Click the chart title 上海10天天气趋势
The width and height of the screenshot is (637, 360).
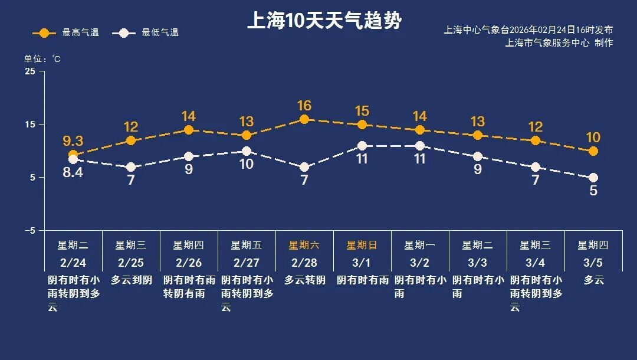tap(324, 21)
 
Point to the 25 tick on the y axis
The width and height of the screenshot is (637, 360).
tap(29, 71)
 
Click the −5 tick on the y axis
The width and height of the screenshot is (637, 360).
tap(29, 231)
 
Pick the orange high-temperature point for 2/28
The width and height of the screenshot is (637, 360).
tap(304, 119)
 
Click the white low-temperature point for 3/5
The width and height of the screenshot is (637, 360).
tap(593, 178)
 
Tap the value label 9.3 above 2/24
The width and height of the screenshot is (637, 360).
tap(73, 141)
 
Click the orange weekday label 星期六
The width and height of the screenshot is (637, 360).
tap(304, 245)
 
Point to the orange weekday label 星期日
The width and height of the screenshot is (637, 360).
tap(362, 245)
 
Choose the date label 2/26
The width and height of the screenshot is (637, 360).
tap(188, 263)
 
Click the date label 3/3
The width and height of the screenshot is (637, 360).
tap(477, 263)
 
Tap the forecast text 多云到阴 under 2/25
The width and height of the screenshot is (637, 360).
tap(131, 280)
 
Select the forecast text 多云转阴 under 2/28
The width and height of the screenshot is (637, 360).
tap(304, 280)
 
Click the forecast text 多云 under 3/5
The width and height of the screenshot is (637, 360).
tap(594, 280)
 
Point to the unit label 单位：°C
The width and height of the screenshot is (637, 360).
tap(42, 58)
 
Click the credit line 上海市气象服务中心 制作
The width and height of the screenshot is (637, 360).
tap(559, 42)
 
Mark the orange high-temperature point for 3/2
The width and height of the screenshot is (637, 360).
tap(420, 130)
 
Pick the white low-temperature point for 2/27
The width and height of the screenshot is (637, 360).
tap(247, 151)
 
